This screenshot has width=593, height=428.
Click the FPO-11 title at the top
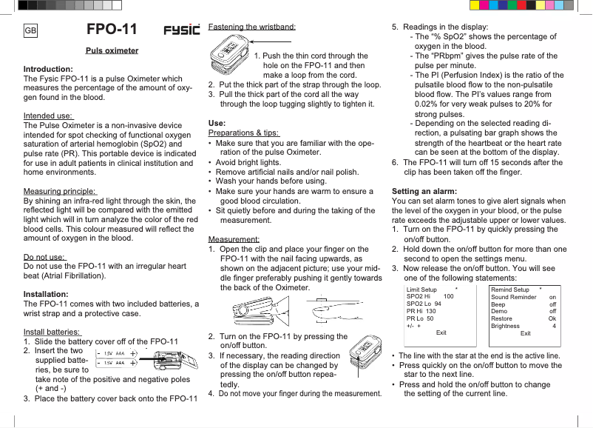point(112,30)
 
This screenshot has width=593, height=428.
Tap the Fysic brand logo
point(181,30)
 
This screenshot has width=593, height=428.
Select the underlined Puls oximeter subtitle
point(112,51)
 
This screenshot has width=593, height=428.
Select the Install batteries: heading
point(52,331)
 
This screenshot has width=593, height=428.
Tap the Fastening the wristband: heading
point(252,27)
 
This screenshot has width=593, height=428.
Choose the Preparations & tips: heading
point(243,133)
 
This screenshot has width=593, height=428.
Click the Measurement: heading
point(234,239)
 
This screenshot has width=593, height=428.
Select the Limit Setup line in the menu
point(422,289)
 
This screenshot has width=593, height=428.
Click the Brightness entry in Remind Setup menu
point(506,326)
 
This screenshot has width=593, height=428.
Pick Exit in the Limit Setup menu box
point(441,333)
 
